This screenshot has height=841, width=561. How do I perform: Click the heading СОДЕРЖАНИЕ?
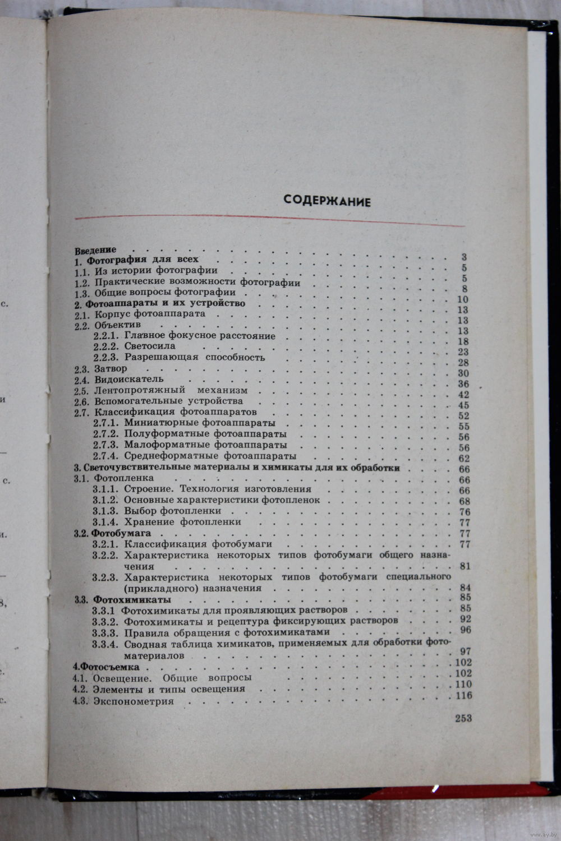(x=327, y=201)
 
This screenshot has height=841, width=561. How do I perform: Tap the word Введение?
(x=95, y=249)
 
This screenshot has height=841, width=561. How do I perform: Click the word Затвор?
(x=111, y=368)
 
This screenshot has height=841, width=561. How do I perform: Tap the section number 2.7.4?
(x=105, y=456)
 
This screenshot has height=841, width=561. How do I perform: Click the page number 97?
(x=465, y=651)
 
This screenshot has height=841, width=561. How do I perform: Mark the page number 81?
(x=465, y=566)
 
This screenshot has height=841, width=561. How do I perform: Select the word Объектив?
(x=117, y=324)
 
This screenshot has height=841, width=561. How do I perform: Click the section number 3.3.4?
(x=104, y=644)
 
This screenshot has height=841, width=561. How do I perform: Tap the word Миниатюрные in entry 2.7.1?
(x=154, y=423)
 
